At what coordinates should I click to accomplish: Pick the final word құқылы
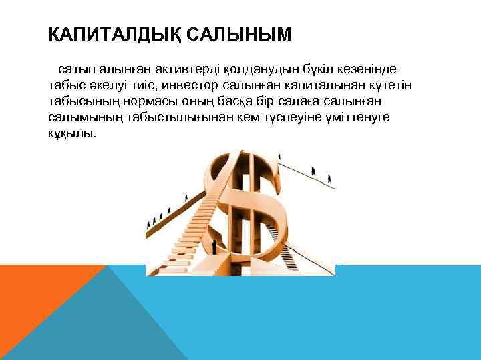pyautogui.click(x=71, y=133)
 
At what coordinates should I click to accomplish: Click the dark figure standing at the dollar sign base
pyautogui.click(x=214, y=247)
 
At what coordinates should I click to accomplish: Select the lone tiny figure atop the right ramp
pyautogui.click(x=279, y=157)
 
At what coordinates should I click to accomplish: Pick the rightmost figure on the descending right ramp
pyautogui.click(x=330, y=178)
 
